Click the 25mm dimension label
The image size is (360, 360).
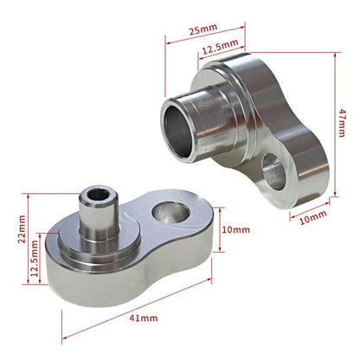pos(203,29)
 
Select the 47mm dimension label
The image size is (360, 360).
pos(342,123)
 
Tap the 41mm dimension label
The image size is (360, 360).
pos(144,318)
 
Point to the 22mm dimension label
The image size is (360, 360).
pos(22,229)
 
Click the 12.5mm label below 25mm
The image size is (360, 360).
pos(220,47)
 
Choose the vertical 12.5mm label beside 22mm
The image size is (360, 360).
pos(35,258)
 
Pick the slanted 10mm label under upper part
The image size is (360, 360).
pos(313,217)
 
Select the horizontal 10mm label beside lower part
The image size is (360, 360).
pos(235,229)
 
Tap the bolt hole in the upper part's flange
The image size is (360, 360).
pos(273,171)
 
